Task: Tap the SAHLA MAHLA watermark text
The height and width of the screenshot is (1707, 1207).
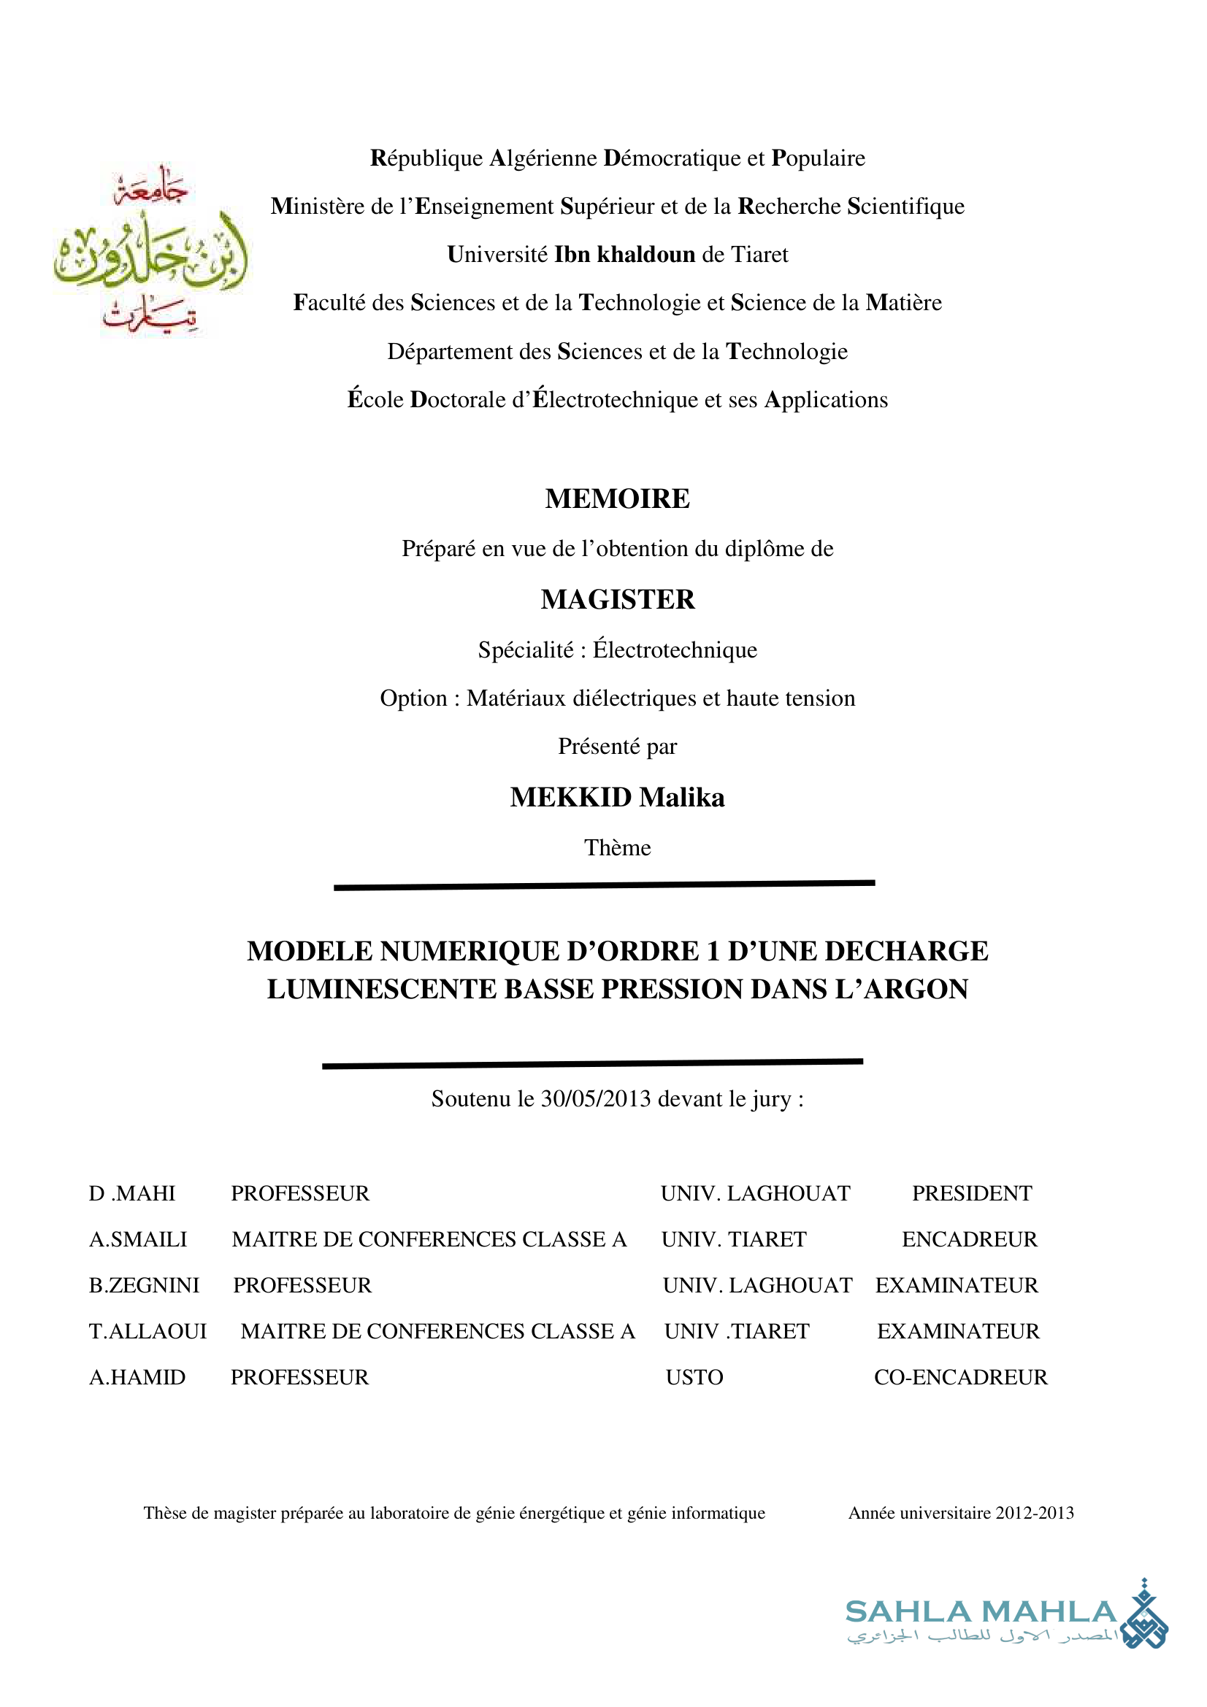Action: click(981, 1612)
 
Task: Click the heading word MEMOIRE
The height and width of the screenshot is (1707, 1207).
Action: click(617, 499)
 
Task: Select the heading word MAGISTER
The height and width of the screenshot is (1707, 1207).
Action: click(617, 600)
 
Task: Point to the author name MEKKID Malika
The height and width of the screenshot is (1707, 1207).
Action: click(617, 798)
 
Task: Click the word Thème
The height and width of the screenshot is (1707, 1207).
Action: click(617, 847)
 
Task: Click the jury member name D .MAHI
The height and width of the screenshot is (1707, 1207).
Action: click(131, 1193)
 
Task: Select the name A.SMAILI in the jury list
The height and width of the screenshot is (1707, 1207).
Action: click(137, 1239)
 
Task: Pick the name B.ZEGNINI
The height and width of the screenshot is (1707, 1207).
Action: click(145, 1285)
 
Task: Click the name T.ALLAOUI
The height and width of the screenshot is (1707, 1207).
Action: click(147, 1332)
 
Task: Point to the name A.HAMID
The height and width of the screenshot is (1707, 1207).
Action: click(137, 1378)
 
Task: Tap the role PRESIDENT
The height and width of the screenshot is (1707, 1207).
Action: click(972, 1193)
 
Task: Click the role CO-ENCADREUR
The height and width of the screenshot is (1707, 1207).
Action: click(960, 1378)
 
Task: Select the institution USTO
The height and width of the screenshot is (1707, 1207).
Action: click(694, 1378)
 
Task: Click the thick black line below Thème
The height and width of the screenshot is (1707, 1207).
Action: click(604, 885)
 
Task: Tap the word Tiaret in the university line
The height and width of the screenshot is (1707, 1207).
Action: click(759, 255)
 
